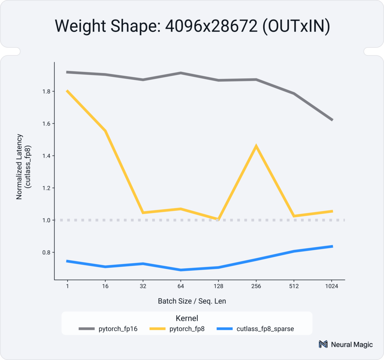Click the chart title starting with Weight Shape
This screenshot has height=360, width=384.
click(x=192, y=27)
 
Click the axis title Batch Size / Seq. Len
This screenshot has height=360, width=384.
click(x=192, y=301)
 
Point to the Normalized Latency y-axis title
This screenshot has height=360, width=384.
click(x=23, y=166)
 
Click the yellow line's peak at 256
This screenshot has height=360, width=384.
click(x=256, y=146)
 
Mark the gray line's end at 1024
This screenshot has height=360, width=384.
click(x=332, y=120)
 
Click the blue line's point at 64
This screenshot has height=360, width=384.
click(x=180, y=270)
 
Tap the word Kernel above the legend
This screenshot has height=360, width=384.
click(x=187, y=318)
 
